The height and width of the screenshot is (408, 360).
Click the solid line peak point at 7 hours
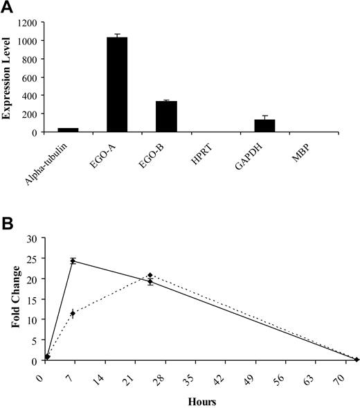coord(73,261)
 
